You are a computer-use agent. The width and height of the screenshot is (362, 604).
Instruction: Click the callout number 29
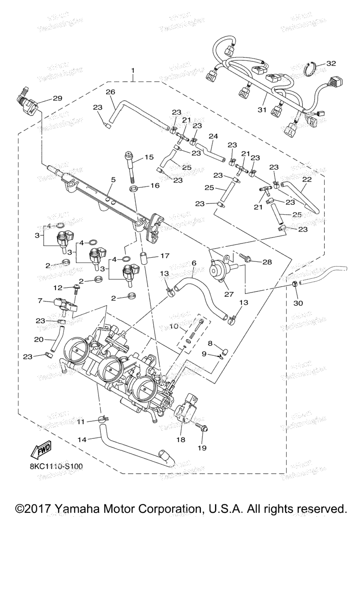pyautogui.click(x=57, y=98)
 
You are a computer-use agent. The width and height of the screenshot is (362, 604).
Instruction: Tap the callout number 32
pyautogui.click(x=331, y=63)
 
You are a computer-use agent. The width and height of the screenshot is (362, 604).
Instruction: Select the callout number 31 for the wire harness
pyautogui.click(x=262, y=110)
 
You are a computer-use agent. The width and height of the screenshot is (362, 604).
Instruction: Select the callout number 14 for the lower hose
pyautogui.click(x=82, y=439)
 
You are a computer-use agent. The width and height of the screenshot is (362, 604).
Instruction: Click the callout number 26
pyautogui.click(x=110, y=92)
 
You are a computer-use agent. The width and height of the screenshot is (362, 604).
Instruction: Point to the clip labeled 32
pyautogui.click(x=311, y=69)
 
